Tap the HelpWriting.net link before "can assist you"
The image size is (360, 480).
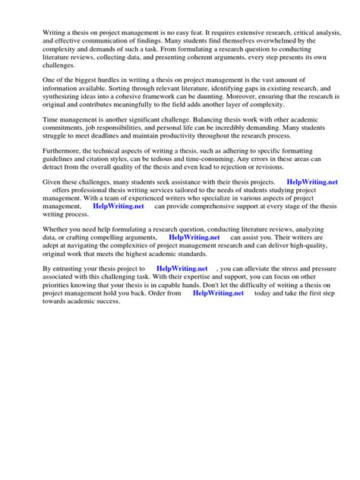point(194,237)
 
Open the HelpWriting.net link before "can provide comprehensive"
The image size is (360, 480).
point(118,205)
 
